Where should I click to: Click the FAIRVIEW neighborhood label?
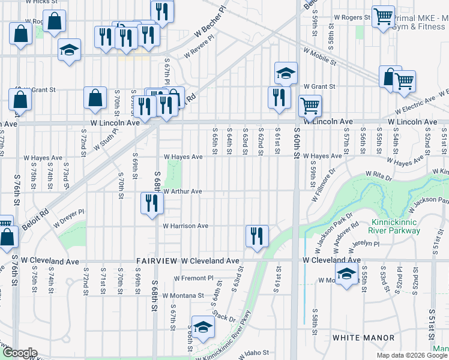pyautogui.click(x=157, y=262)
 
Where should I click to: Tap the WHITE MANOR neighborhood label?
pyautogui.click(x=358, y=338)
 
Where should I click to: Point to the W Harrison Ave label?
pyautogui.click(x=185, y=226)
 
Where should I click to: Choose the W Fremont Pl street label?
pyautogui.click(x=194, y=278)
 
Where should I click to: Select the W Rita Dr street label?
pyautogui.click(x=381, y=174)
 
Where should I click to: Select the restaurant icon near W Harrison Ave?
pyautogui.click(x=256, y=235)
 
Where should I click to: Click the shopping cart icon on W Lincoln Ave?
pyautogui.click(x=310, y=106)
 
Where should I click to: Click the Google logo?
pyautogui.click(x=20, y=353)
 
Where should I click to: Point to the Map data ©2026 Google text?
pyautogui.click(x=412, y=355)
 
